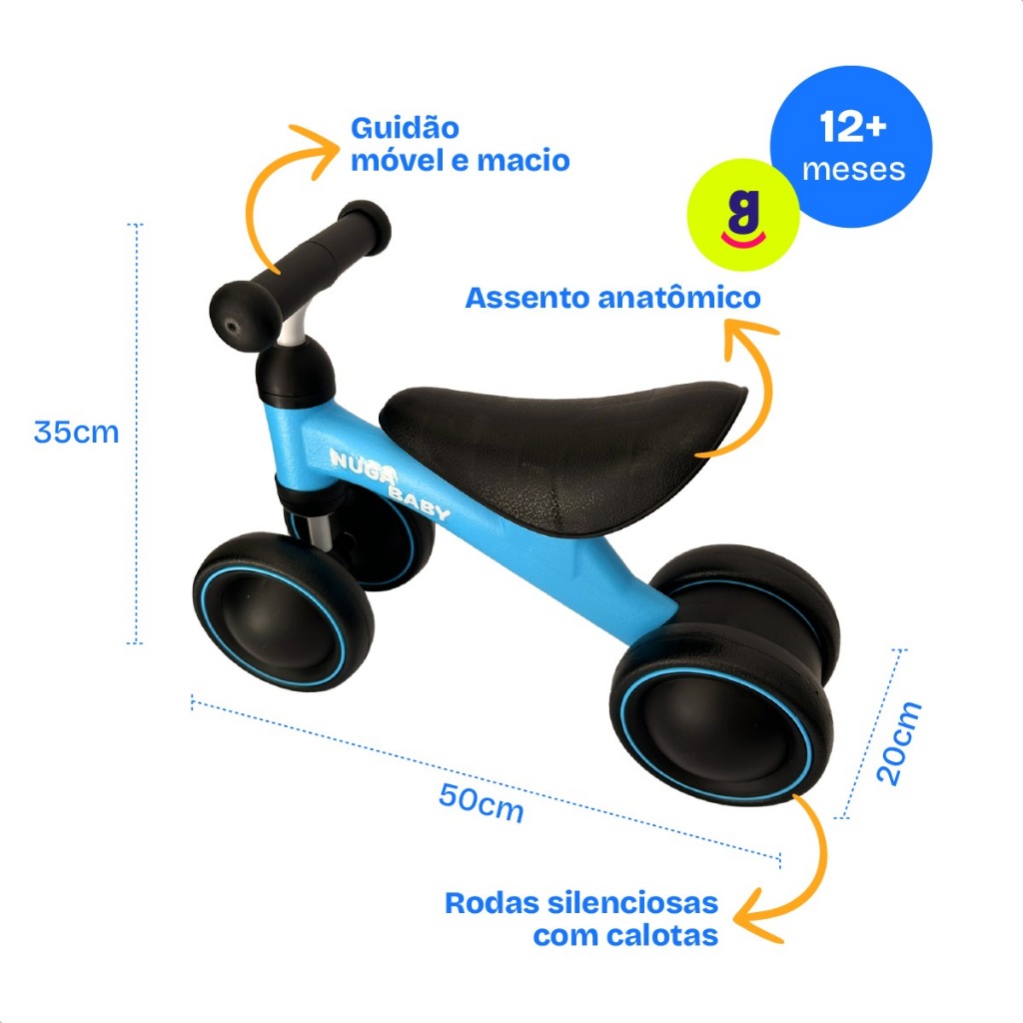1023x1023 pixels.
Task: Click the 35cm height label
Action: coord(76,433)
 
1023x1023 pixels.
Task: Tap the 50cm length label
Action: coord(481,801)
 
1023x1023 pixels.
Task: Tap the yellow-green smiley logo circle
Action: coord(743,215)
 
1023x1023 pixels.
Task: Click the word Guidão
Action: coord(405,129)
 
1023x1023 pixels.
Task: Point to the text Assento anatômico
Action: coord(612,298)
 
